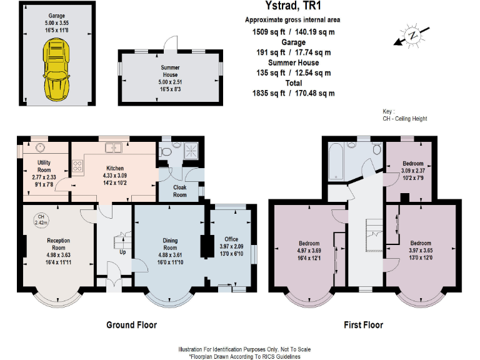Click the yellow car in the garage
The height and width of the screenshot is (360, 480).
pos(57,68)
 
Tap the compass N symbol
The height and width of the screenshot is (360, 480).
pos(411,36)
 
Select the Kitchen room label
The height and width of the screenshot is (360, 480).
pos(114,168)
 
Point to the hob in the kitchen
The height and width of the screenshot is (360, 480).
pos(79,166)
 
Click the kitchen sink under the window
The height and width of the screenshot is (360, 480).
pos(114,147)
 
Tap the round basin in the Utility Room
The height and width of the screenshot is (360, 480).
pos(41,147)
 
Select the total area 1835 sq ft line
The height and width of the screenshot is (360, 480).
pos(293,93)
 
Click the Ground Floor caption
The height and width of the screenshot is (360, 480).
pos(131,324)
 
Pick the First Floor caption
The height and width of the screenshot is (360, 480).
pos(363,324)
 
